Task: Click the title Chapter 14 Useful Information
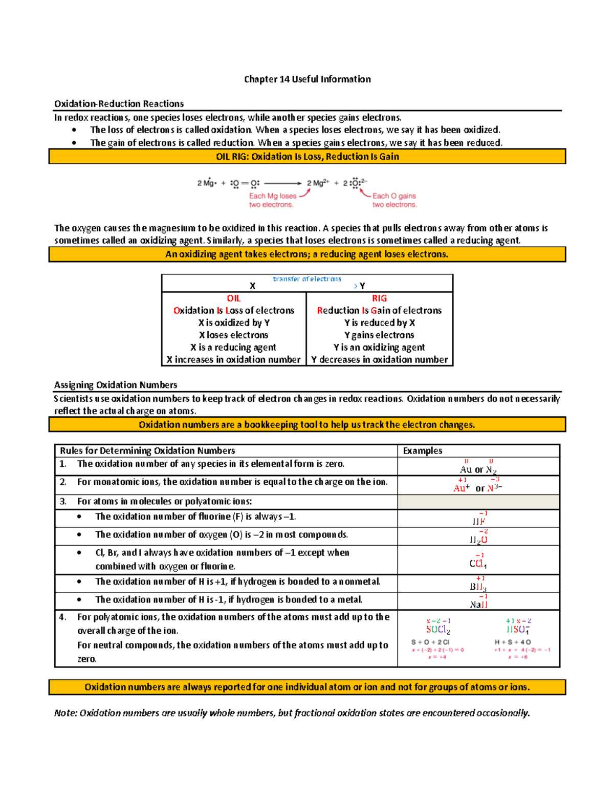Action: click(307, 79)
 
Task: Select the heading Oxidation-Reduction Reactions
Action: click(119, 104)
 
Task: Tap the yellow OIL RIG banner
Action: click(307, 157)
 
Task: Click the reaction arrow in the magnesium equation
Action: click(283, 183)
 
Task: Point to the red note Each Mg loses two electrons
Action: click(272, 200)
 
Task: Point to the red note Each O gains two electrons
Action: click(394, 200)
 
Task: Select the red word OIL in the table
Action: click(234, 298)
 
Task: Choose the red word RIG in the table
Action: click(379, 298)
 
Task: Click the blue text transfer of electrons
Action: click(307, 279)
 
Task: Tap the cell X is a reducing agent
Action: click(233, 348)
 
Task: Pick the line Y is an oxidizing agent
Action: click(379, 348)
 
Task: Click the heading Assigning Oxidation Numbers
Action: click(116, 385)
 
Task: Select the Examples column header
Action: click(423, 451)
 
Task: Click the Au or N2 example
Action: click(478, 469)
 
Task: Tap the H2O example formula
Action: click(478, 540)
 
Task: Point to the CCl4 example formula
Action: click(478, 564)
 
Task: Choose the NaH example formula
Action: click(478, 605)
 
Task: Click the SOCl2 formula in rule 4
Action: click(438, 630)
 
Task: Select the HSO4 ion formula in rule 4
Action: click(518, 630)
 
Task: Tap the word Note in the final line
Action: click(65, 713)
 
